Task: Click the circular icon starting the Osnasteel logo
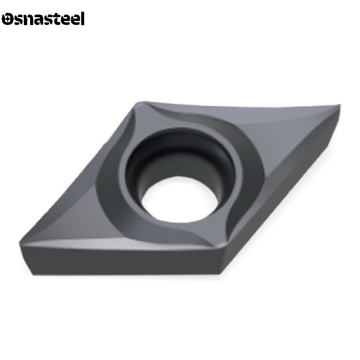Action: coord(9,19)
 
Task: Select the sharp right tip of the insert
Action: coord(342,107)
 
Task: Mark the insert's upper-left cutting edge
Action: coord(76,171)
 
